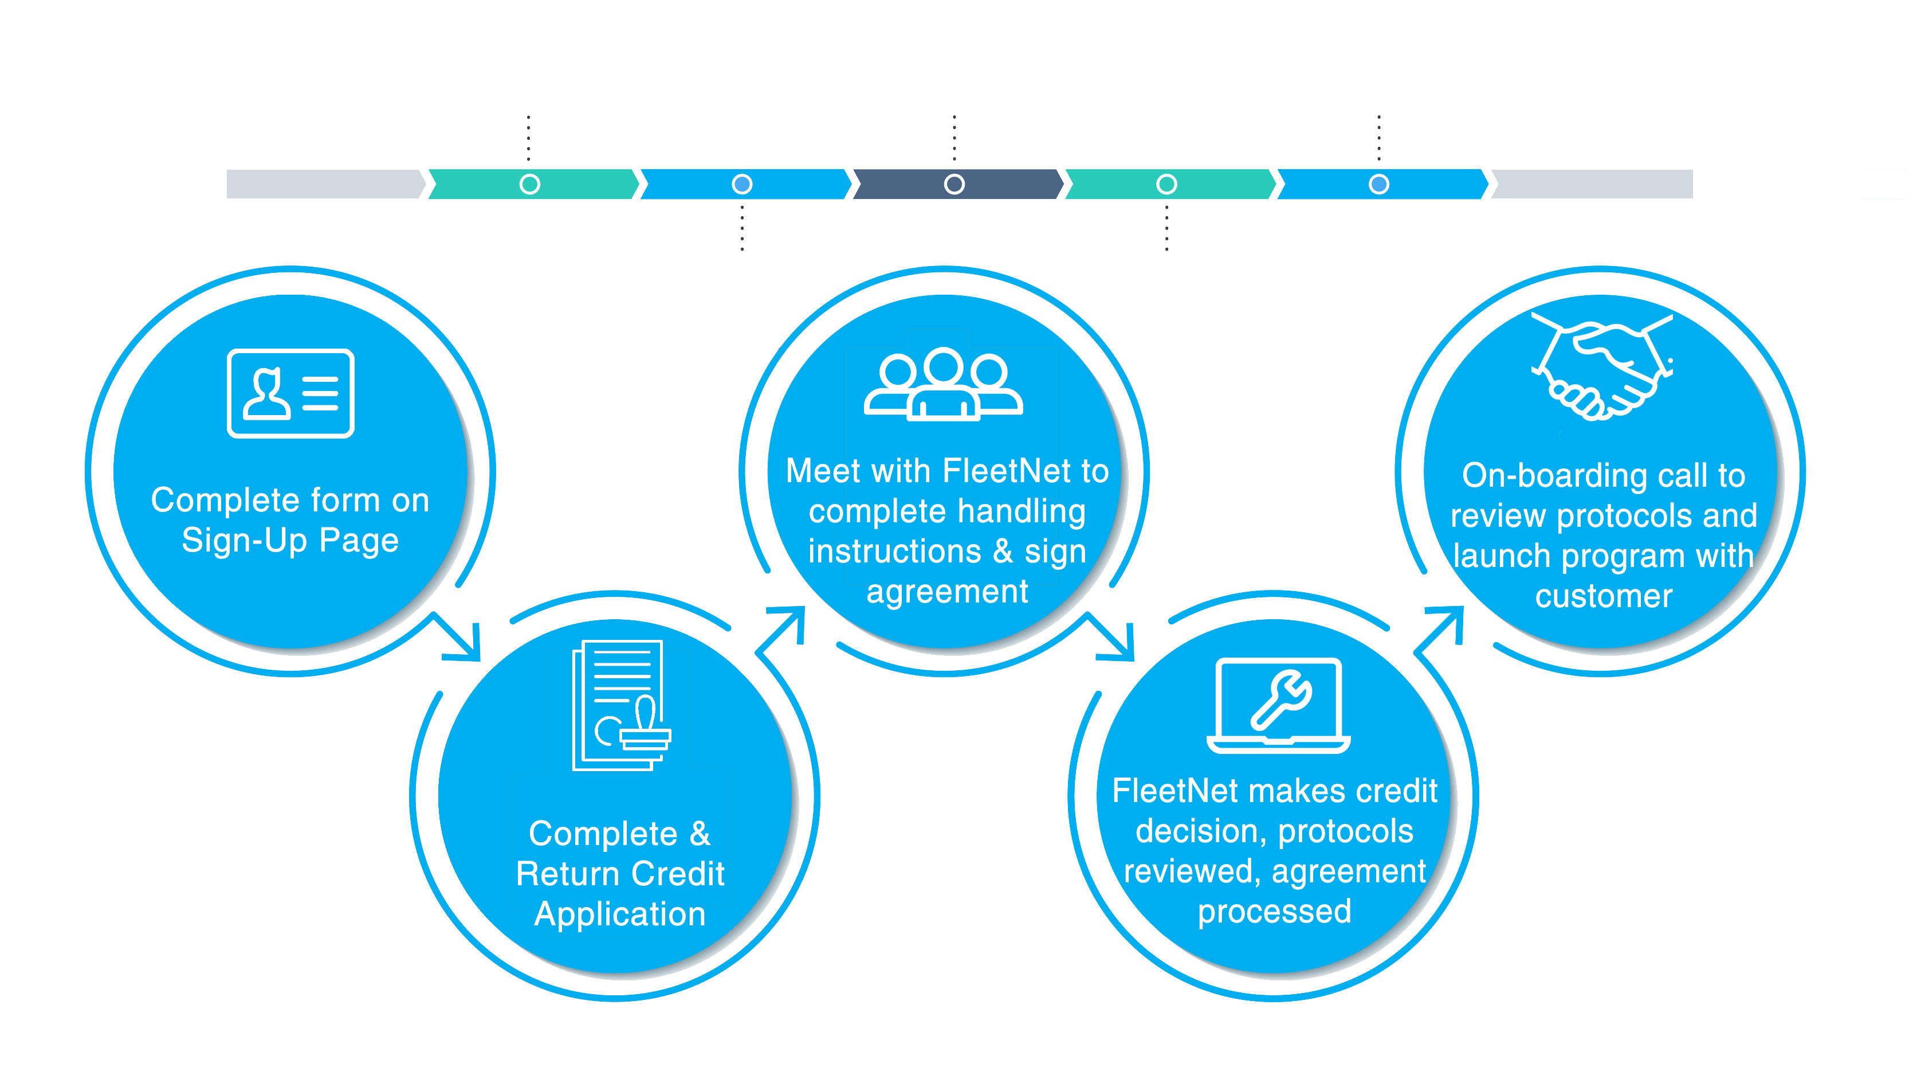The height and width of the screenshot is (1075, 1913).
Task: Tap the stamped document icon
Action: pyautogui.click(x=621, y=705)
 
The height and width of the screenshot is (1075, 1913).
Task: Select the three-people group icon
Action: pyautogui.click(x=943, y=384)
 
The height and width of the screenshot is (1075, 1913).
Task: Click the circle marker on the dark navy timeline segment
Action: pyautogui.click(x=954, y=184)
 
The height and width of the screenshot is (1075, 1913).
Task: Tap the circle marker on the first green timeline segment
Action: pyautogui.click(x=529, y=184)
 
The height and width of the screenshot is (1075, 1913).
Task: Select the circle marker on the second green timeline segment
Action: pyautogui.click(x=1166, y=184)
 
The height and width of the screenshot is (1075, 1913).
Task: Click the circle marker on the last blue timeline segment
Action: pyautogui.click(x=1379, y=184)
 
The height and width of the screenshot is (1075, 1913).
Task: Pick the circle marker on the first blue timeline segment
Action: pyautogui.click(x=742, y=184)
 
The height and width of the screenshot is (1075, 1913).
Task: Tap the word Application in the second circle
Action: pyautogui.click(x=620, y=914)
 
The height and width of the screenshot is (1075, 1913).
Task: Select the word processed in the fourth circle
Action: pyautogui.click(x=1274, y=912)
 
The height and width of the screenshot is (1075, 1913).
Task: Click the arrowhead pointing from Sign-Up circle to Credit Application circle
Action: pyautogui.click(x=464, y=643)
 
